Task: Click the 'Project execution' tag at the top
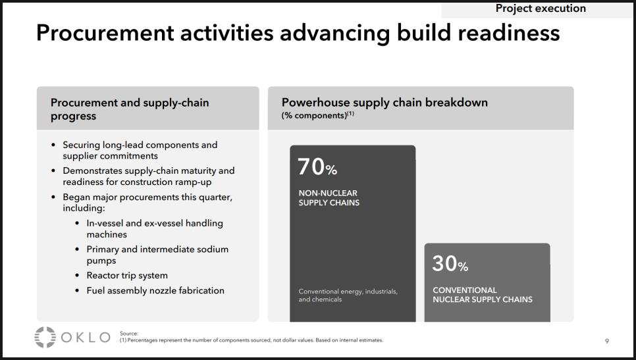pos(541,9)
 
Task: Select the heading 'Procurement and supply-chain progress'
pos(130,109)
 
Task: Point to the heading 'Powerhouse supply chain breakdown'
pos(384,103)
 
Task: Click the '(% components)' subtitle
pos(317,116)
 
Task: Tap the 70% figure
pos(317,167)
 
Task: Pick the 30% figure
pos(450,263)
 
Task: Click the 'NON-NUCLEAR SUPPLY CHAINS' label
pos(329,198)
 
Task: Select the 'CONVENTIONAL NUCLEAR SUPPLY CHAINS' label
pos(483,295)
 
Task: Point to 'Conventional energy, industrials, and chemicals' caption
pos(348,295)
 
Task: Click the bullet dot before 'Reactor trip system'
pos(77,276)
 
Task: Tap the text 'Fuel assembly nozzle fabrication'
pos(155,291)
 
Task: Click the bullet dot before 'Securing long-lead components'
pos(53,145)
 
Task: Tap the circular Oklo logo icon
pos(45,338)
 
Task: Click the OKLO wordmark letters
pos(86,338)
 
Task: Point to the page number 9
pos(607,342)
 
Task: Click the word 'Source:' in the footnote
pos(129,334)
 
